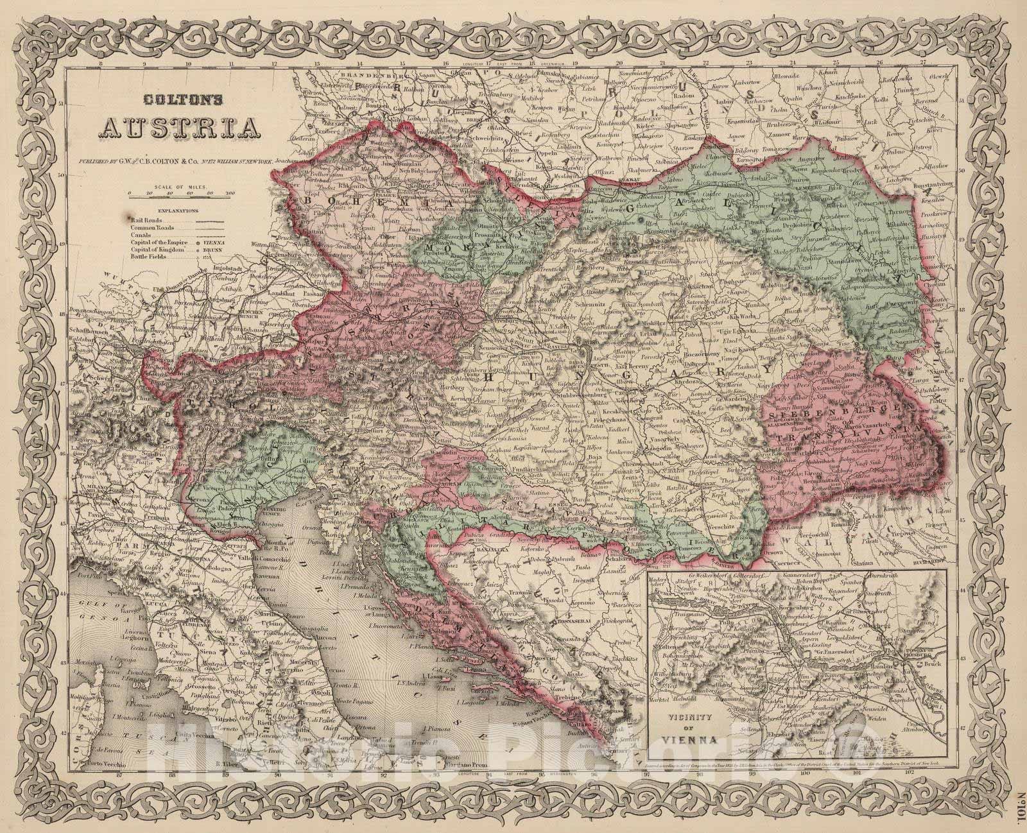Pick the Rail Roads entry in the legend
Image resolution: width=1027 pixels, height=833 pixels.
coord(141,220)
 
